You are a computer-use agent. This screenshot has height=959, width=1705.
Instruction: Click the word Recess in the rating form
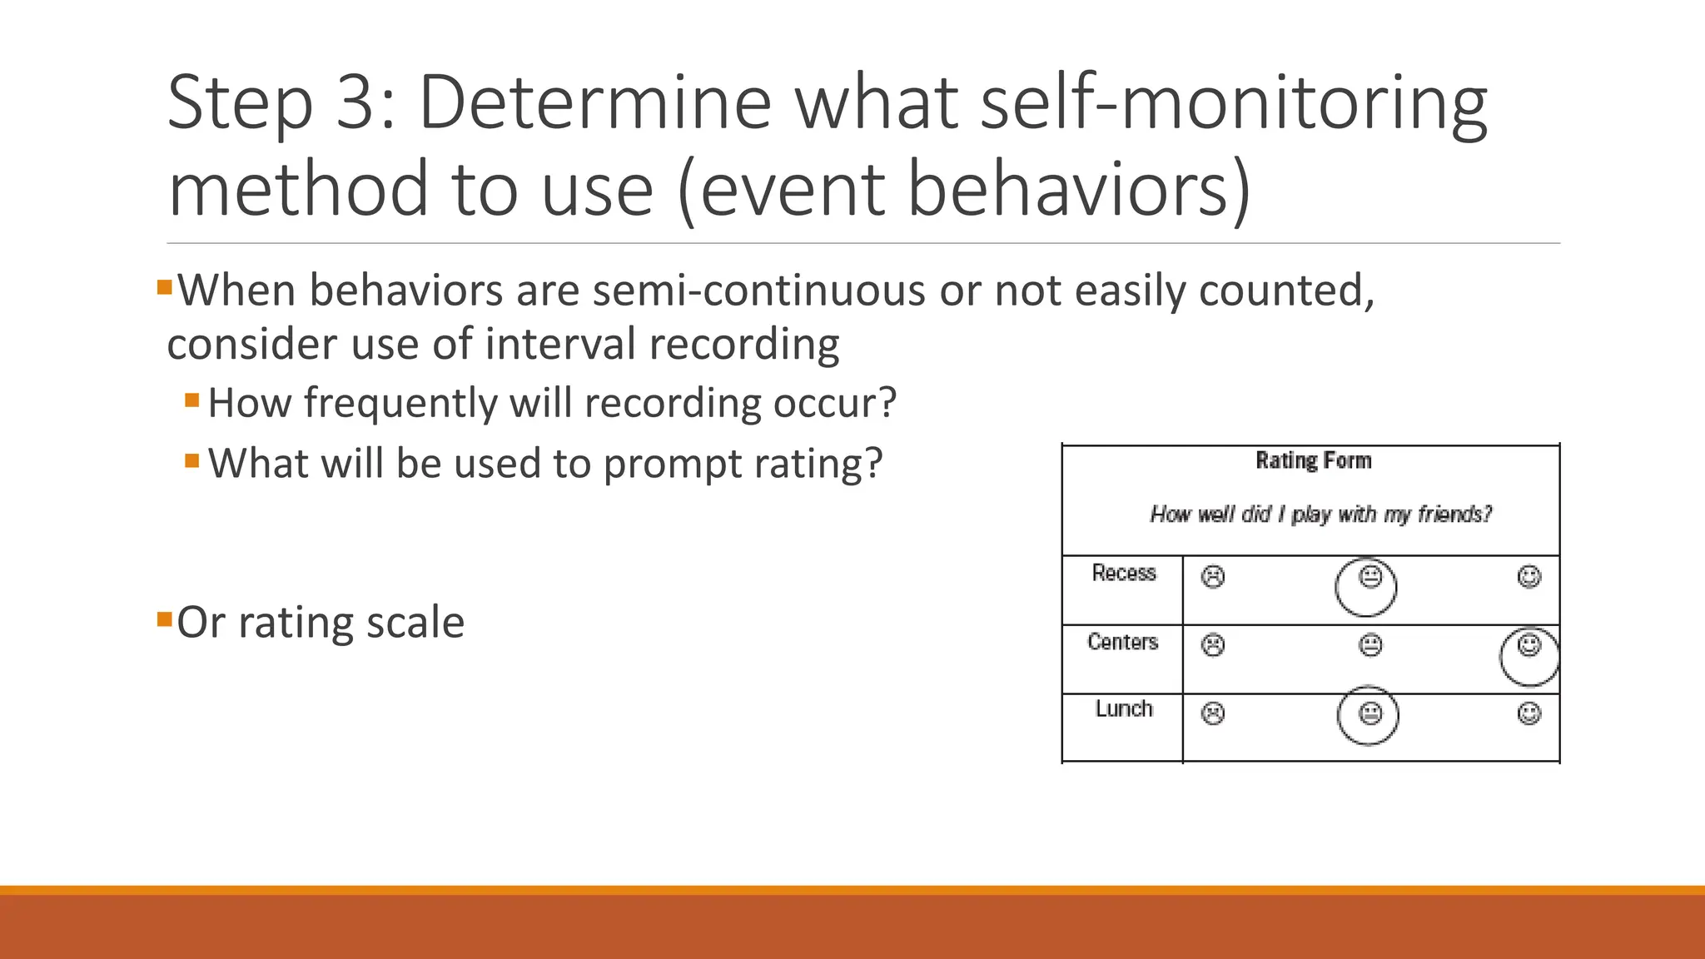point(1124,573)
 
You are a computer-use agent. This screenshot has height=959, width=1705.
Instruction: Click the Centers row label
point(1122,642)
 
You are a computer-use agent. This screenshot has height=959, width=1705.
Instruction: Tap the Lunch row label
point(1124,708)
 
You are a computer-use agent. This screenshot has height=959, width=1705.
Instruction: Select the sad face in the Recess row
point(1213,577)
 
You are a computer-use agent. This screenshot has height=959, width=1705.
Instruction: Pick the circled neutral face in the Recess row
point(1370,576)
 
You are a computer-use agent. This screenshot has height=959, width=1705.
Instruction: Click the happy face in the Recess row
point(1529,576)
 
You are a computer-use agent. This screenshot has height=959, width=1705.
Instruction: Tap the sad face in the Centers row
point(1213,645)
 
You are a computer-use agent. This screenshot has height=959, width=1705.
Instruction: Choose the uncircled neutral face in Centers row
point(1370,645)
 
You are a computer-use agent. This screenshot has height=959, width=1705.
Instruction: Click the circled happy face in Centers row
point(1529,645)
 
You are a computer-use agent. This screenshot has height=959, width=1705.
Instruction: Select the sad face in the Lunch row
point(1213,713)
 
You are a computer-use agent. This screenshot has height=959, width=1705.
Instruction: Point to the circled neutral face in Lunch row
point(1370,713)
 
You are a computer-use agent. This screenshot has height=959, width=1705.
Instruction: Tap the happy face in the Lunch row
point(1529,713)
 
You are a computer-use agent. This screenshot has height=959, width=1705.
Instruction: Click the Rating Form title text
point(1313,460)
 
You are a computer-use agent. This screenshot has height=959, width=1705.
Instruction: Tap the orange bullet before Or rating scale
point(164,619)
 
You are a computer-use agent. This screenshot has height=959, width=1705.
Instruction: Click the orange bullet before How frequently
point(192,400)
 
